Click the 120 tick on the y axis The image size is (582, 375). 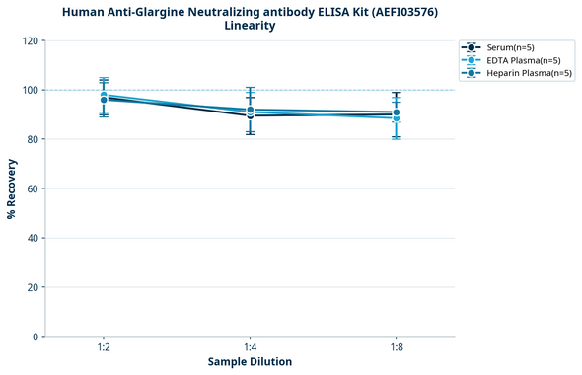[x=30, y=40]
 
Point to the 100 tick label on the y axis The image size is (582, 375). [x=30, y=90]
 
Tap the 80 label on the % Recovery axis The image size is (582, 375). [x=33, y=139]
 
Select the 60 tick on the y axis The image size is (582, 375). [x=33, y=188]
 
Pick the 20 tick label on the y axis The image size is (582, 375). [x=33, y=287]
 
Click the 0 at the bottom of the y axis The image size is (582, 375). [x=36, y=337]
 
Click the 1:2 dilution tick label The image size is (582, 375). [x=104, y=348]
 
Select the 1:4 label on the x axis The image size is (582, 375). [x=250, y=348]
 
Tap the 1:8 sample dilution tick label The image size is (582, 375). [x=396, y=348]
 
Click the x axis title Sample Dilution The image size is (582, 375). [x=250, y=362]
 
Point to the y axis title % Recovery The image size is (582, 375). [x=12, y=188]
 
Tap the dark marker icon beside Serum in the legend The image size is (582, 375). [x=473, y=47]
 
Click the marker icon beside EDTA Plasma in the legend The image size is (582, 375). [x=473, y=60]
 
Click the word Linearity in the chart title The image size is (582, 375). [x=250, y=26]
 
